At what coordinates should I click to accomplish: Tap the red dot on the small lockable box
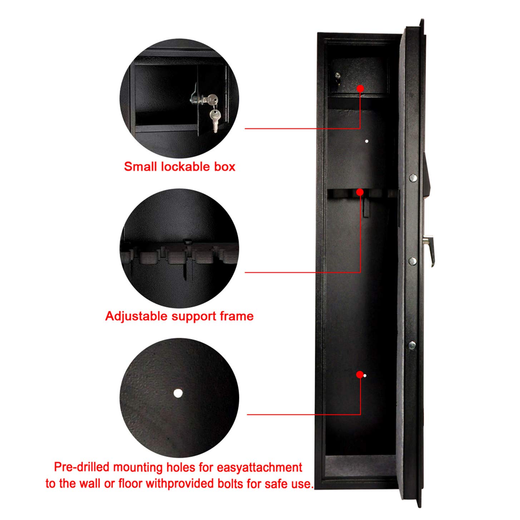click(x=360, y=88)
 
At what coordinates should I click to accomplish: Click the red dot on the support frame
click(x=360, y=192)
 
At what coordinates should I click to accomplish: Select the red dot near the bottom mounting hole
click(x=360, y=375)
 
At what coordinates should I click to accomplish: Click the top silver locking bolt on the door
click(x=412, y=178)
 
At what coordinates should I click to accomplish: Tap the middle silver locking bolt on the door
click(x=412, y=261)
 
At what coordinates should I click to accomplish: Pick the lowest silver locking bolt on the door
click(x=412, y=345)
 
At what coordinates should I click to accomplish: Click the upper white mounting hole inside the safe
click(x=366, y=141)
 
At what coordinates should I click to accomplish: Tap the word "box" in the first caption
click(x=225, y=167)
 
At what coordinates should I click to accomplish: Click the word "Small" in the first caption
click(x=140, y=167)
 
